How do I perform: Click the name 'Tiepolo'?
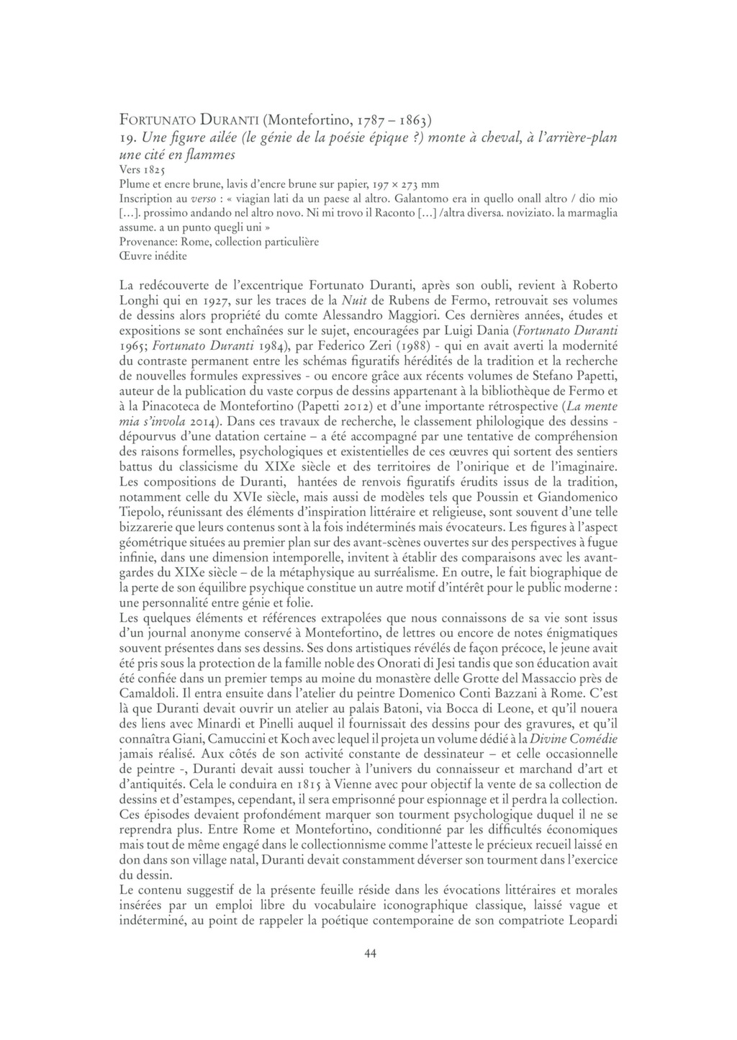[x=139, y=512]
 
